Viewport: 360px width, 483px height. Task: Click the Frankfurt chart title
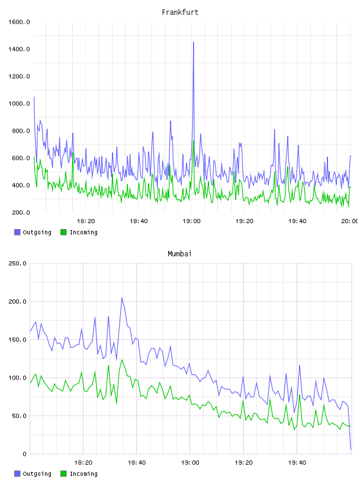tap(180, 12)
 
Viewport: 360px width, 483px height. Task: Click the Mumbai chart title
tap(179, 253)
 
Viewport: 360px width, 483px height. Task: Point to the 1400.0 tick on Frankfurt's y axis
tap(19, 49)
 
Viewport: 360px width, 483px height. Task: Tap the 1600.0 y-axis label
tap(19, 22)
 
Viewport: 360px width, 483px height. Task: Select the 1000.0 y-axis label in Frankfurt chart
tap(19, 104)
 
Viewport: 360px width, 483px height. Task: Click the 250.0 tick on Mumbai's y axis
tap(18, 263)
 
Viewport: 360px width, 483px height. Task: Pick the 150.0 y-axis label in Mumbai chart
tap(18, 339)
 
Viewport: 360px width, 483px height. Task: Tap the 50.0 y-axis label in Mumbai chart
tap(19, 416)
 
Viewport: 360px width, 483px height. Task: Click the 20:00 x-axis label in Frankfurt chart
tap(350, 221)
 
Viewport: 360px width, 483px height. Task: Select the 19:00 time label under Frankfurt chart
tap(191, 221)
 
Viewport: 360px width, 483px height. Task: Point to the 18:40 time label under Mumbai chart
tap(137, 462)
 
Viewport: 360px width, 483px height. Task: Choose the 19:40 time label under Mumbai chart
tap(297, 462)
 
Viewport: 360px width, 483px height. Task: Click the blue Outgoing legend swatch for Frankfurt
tap(17, 232)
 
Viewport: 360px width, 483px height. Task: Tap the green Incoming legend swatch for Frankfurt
tap(63, 232)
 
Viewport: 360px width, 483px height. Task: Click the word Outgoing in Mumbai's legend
tap(37, 474)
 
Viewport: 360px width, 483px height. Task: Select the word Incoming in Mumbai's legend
tap(83, 474)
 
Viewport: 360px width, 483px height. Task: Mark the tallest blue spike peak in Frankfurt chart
tap(194, 42)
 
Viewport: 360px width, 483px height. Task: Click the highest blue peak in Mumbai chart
tap(122, 298)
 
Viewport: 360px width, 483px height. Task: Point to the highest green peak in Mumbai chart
tap(122, 360)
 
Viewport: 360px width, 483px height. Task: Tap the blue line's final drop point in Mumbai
tap(351, 449)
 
